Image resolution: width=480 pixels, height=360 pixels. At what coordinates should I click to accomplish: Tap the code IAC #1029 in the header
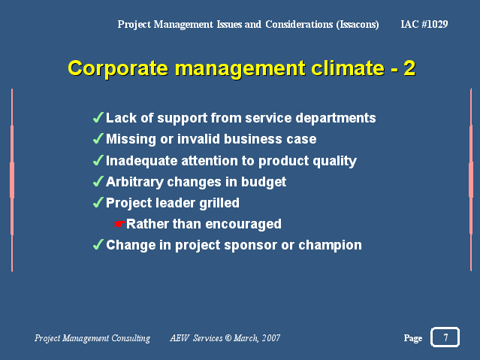click(424, 24)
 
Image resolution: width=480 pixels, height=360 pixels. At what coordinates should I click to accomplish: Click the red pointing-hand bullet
click(119, 224)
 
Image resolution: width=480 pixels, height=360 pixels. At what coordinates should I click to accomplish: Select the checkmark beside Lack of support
click(98, 118)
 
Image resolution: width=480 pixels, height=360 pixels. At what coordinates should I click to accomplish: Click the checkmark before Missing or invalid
click(98, 139)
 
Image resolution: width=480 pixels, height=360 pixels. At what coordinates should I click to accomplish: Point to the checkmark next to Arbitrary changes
click(98, 181)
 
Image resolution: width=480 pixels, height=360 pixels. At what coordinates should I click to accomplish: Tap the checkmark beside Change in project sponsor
click(98, 245)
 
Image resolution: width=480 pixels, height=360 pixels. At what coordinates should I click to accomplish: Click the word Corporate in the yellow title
click(118, 68)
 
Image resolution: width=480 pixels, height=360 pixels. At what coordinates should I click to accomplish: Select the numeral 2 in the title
click(409, 68)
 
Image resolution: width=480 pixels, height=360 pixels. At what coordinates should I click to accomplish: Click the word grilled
click(219, 203)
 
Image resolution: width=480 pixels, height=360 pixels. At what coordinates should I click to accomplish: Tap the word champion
click(330, 246)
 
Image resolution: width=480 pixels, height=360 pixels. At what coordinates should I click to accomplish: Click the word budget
click(264, 182)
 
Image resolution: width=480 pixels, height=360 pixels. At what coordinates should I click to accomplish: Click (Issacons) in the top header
click(358, 24)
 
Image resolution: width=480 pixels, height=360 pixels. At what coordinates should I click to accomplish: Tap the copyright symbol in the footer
click(228, 337)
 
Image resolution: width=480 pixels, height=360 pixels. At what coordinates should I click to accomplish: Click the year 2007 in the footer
click(271, 337)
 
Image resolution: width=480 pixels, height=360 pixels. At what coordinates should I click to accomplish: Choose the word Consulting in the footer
click(131, 338)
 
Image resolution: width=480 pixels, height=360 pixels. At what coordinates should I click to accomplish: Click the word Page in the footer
click(413, 338)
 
